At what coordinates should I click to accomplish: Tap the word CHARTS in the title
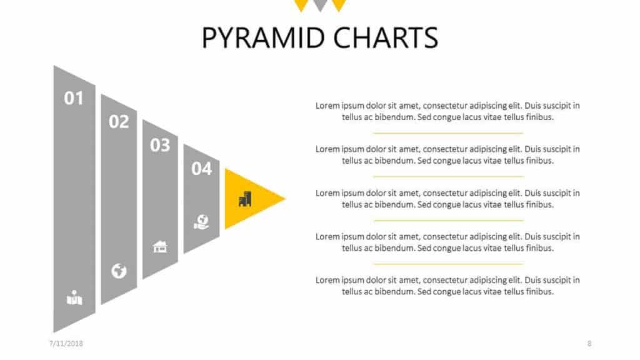coord(386,37)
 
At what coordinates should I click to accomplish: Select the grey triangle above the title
coord(320,4)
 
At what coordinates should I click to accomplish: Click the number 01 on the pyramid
coord(74,98)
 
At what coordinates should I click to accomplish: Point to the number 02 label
coord(119,122)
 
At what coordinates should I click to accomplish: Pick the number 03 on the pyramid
coord(160,145)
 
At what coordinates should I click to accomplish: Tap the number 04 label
coord(202,169)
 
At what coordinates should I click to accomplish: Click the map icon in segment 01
coord(74,297)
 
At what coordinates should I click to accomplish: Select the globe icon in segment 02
coord(119,271)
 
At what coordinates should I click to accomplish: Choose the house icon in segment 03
coord(160,246)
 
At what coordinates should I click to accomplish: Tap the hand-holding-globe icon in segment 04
coord(201,222)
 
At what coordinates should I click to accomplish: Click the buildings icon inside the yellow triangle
coord(245,199)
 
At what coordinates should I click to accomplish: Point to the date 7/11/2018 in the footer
coord(66,344)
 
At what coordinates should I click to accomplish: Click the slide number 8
coord(589,344)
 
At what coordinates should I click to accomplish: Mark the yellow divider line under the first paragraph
coord(447,133)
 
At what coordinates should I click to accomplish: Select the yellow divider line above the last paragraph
coord(448,264)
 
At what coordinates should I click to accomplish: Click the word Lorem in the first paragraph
coord(327,106)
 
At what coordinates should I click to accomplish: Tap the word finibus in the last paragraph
coord(541,291)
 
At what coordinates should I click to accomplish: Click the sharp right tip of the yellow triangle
coord(285,199)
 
